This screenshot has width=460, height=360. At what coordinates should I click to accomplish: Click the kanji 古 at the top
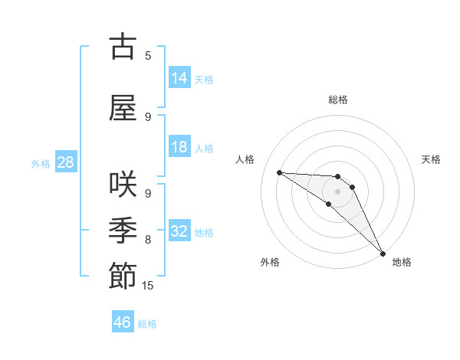(123, 47)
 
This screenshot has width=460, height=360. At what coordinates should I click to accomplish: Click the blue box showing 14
(179, 77)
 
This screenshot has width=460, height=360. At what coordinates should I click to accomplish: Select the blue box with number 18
(179, 147)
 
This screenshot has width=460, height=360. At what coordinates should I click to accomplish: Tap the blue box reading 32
(179, 231)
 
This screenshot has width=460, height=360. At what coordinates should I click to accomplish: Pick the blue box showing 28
(65, 162)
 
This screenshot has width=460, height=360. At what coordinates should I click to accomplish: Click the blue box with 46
(123, 322)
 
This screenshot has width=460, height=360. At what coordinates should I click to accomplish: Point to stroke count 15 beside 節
(148, 286)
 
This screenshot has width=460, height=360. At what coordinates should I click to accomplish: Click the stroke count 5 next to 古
(148, 56)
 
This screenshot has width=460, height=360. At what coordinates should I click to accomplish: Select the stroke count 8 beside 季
(148, 240)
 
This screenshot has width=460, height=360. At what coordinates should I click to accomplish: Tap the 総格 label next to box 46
(147, 324)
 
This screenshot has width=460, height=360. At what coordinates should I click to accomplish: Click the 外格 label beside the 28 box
(41, 163)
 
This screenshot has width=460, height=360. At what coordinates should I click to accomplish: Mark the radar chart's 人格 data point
(279, 172)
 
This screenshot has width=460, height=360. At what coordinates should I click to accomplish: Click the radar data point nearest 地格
(383, 252)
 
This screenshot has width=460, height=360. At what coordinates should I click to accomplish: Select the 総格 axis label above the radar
(338, 100)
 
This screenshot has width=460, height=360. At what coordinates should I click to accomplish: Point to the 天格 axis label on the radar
(431, 159)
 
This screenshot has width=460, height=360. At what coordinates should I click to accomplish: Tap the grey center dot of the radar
(337, 191)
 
